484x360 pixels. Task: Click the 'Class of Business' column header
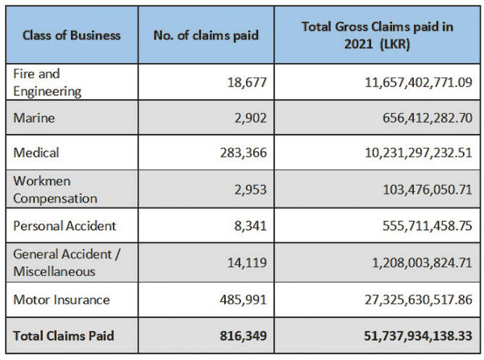72,36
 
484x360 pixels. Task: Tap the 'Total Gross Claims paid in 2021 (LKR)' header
378,35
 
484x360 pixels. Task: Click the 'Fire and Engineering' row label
48,82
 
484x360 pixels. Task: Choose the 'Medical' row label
36,153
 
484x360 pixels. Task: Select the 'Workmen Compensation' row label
55,189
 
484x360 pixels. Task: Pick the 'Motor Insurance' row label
60,299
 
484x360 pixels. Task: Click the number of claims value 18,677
245,82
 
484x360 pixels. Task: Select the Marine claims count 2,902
249,118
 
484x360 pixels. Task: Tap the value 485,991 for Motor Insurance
242,299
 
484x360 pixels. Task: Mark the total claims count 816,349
241,334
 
